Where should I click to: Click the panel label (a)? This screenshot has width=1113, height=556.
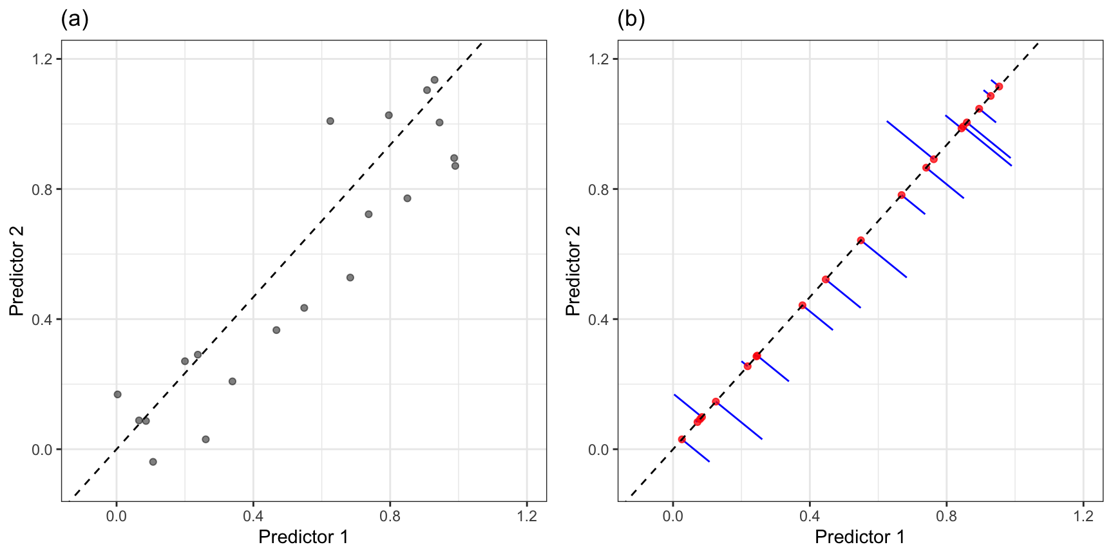(75, 19)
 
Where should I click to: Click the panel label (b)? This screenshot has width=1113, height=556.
(631, 19)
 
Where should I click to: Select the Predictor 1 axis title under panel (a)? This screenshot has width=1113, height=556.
(303, 537)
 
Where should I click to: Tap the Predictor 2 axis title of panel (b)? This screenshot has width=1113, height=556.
(573, 270)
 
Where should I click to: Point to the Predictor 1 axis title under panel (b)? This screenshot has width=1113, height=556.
(860, 537)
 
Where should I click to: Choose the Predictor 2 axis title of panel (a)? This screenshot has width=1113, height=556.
(17, 270)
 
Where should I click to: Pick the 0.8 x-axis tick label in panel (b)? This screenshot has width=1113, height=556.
(946, 516)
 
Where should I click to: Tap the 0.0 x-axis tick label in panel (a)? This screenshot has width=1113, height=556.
(117, 516)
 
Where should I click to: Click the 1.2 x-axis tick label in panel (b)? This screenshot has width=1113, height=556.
(1083, 516)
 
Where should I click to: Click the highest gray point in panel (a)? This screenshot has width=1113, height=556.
(434, 80)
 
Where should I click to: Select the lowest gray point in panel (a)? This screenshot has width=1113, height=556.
(153, 462)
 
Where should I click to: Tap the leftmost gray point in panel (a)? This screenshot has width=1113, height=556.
(117, 394)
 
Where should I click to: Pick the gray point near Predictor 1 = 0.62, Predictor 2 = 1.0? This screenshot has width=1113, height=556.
(330, 121)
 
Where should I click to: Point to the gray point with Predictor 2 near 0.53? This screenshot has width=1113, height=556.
(350, 277)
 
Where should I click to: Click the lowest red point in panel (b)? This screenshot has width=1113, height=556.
(682, 439)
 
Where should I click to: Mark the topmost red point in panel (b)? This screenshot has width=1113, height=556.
(999, 86)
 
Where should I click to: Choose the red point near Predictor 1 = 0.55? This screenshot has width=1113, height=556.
(861, 241)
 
